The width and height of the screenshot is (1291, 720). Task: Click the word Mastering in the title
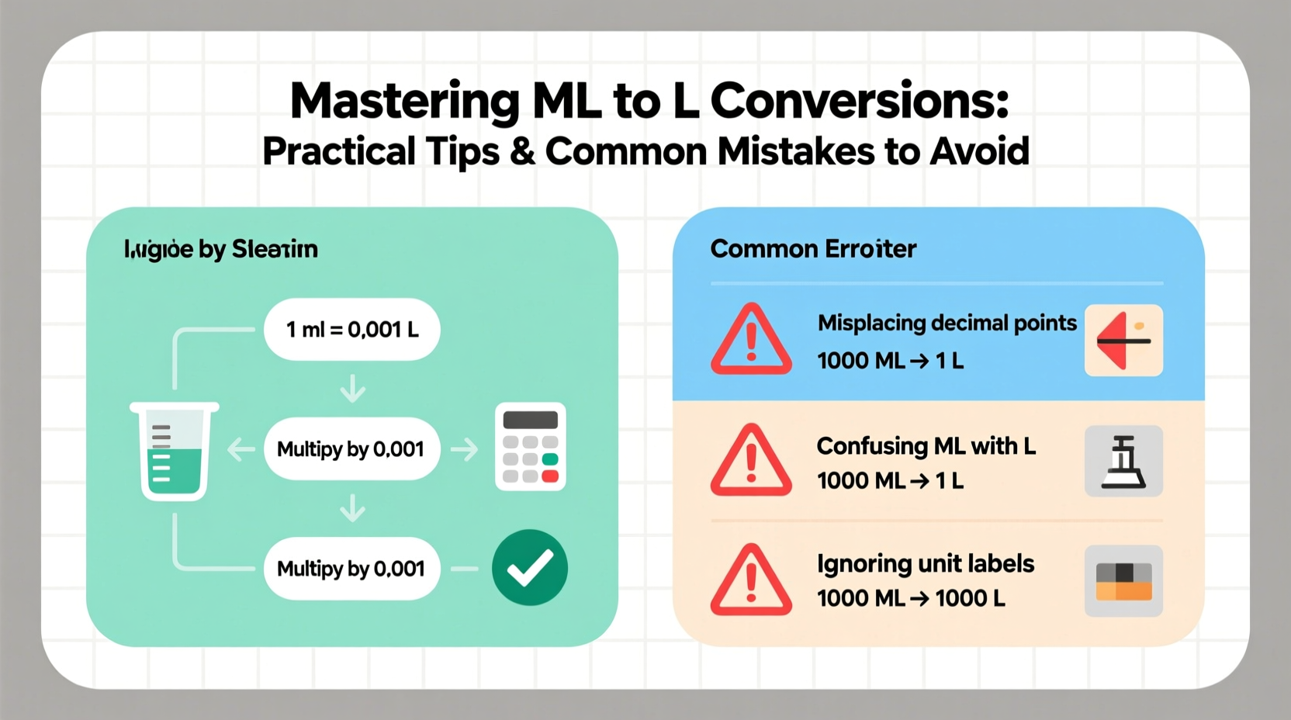click(404, 102)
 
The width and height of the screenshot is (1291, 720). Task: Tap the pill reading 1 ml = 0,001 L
click(352, 330)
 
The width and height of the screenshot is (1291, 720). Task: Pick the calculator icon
click(531, 447)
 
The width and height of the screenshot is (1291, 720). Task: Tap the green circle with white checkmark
click(530, 568)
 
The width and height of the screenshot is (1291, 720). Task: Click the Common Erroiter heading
click(813, 249)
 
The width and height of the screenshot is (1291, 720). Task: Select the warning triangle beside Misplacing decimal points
click(751, 340)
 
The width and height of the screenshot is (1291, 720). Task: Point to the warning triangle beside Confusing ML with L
click(751, 460)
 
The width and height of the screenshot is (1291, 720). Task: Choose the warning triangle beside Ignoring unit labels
click(751, 580)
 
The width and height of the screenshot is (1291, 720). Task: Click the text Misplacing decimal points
click(947, 323)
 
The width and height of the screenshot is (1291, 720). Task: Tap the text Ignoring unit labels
click(926, 563)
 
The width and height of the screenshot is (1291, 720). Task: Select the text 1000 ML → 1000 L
click(911, 598)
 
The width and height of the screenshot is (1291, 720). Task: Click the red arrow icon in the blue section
click(1123, 341)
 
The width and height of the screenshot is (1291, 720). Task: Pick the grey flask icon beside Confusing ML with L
click(1123, 461)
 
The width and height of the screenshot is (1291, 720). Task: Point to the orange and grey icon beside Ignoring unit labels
click(1123, 581)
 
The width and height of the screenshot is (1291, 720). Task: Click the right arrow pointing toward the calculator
click(465, 449)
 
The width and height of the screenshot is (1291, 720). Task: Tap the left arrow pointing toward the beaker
click(241, 449)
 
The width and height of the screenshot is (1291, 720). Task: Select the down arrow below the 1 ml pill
click(353, 388)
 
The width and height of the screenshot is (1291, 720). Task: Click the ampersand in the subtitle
click(523, 151)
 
